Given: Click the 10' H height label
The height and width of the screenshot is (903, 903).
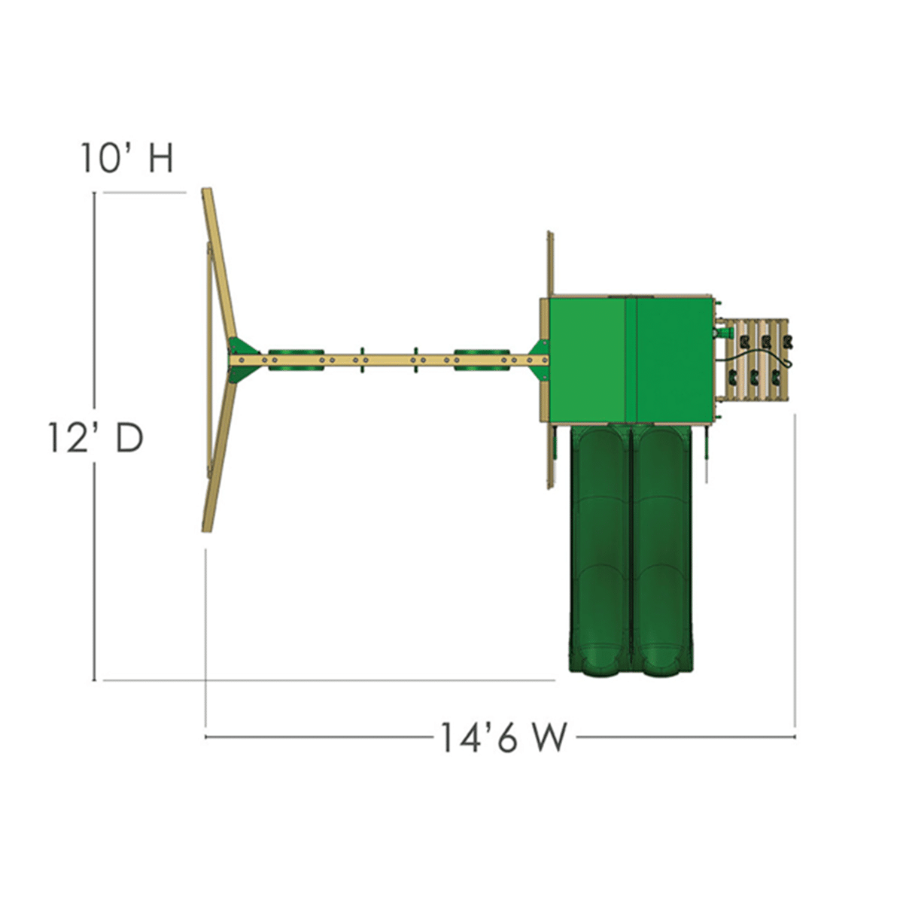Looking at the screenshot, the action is pyautogui.click(x=127, y=158).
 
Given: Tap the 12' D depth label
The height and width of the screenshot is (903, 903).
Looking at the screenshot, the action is pyautogui.click(x=96, y=439).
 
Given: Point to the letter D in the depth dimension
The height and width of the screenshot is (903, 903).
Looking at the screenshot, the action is pyautogui.click(x=129, y=439).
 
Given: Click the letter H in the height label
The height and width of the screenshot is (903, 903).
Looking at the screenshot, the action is pyautogui.click(x=161, y=158).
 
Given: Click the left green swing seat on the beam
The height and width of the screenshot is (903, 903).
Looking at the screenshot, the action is pyautogui.click(x=296, y=360).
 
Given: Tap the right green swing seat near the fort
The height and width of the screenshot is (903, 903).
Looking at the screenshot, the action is pyautogui.click(x=482, y=360).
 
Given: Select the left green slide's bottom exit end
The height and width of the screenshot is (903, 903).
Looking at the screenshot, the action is pyautogui.click(x=598, y=665).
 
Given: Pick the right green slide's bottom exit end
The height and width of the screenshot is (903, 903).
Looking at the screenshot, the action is pyautogui.click(x=662, y=665).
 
